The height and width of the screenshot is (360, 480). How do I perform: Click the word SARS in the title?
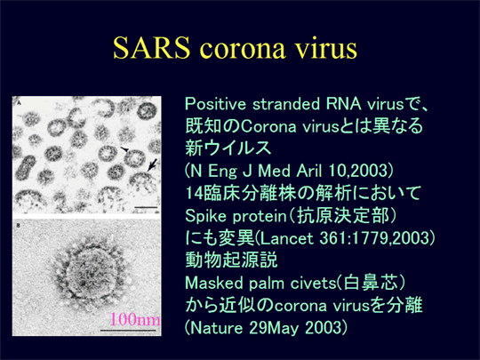pyautogui.click(x=151, y=48)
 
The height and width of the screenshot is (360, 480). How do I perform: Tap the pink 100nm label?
pyautogui.click(x=135, y=319)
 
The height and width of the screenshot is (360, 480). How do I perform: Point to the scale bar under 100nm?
pyautogui.click(x=128, y=331)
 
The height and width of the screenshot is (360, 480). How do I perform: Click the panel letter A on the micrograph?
pyautogui.click(x=19, y=103)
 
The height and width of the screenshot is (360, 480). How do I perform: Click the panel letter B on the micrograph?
pyautogui.click(x=18, y=226)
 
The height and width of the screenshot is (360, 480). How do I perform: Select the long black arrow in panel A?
pyautogui.click(x=152, y=164)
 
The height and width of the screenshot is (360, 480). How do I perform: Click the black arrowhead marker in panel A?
pyautogui.click(x=124, y=149)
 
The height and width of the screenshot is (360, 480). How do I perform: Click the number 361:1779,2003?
pyautogui.click(x=373, y=239)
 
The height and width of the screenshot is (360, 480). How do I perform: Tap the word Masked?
pyautogui.click(x=214, y=283)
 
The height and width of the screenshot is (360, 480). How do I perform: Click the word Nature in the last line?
pyautogui.click(x=216, y=328)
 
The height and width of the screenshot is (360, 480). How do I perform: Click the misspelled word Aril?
pyautogui.click(x=309, y=171)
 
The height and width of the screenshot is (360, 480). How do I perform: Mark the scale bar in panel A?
pyautogui.click(x=146, y=207)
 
